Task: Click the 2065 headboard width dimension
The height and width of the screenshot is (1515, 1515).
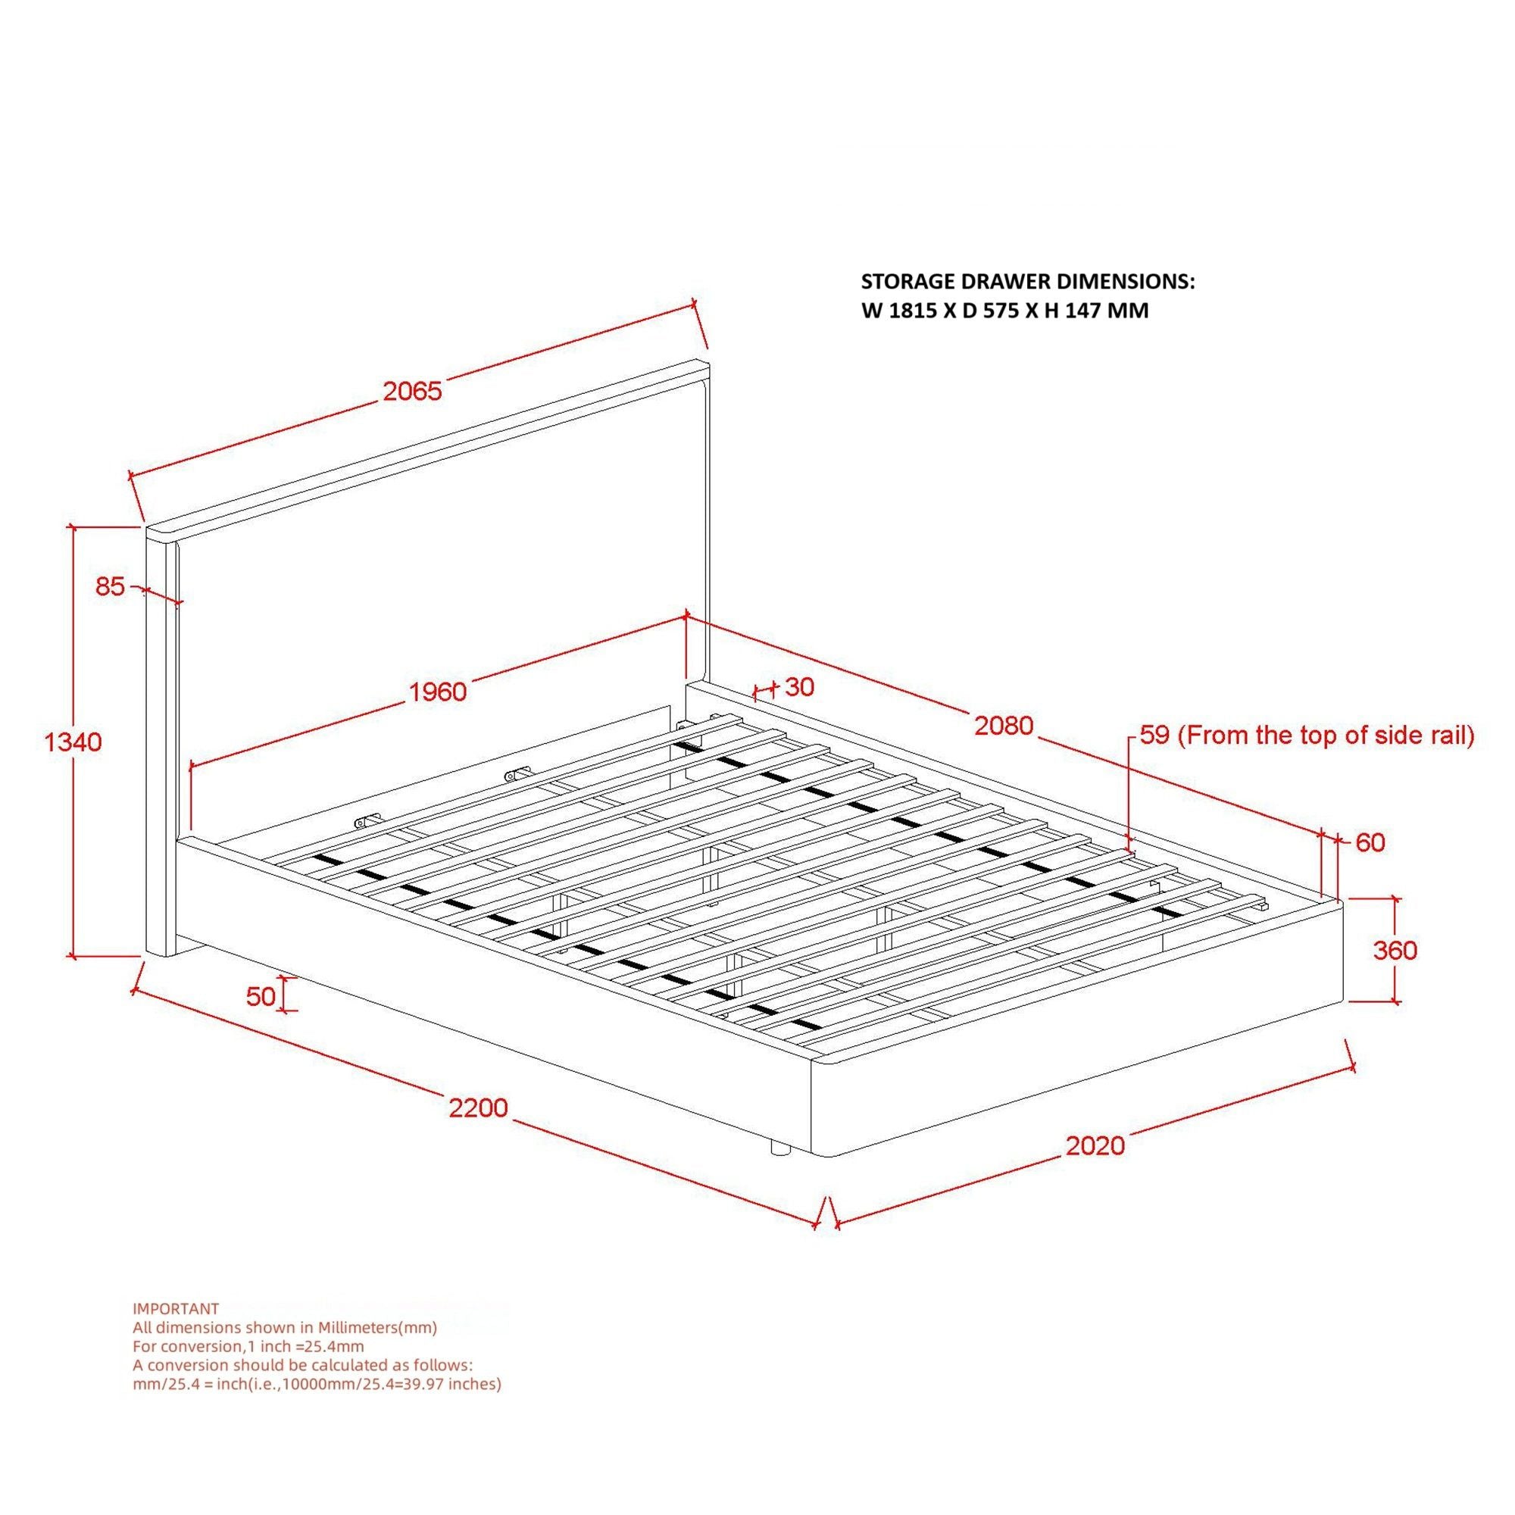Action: click(413, 392)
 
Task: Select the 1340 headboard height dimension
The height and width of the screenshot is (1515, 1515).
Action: click(73, 741)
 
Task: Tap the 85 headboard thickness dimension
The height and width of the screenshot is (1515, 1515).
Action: click(110, 586)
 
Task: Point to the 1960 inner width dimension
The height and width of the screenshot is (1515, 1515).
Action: click(439, 692)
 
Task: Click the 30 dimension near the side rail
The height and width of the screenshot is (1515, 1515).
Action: click(799, 687)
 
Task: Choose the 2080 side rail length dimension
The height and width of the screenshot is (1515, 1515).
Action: click(1004, 726)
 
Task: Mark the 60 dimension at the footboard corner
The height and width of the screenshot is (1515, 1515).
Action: click(1370, 842)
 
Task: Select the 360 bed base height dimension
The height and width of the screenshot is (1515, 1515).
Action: click(1395, 951)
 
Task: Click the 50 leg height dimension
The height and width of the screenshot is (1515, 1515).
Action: click(261, 996)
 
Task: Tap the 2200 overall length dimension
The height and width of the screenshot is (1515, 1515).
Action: click(478, 1107)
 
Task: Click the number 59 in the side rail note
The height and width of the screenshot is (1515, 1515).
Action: click(1154, 736)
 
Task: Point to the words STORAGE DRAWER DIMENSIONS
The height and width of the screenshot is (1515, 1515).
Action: click(1027, 282)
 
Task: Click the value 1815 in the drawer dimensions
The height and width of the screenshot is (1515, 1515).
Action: click(911, 311)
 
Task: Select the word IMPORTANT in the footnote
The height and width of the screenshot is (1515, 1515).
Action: click(176, 1309)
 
